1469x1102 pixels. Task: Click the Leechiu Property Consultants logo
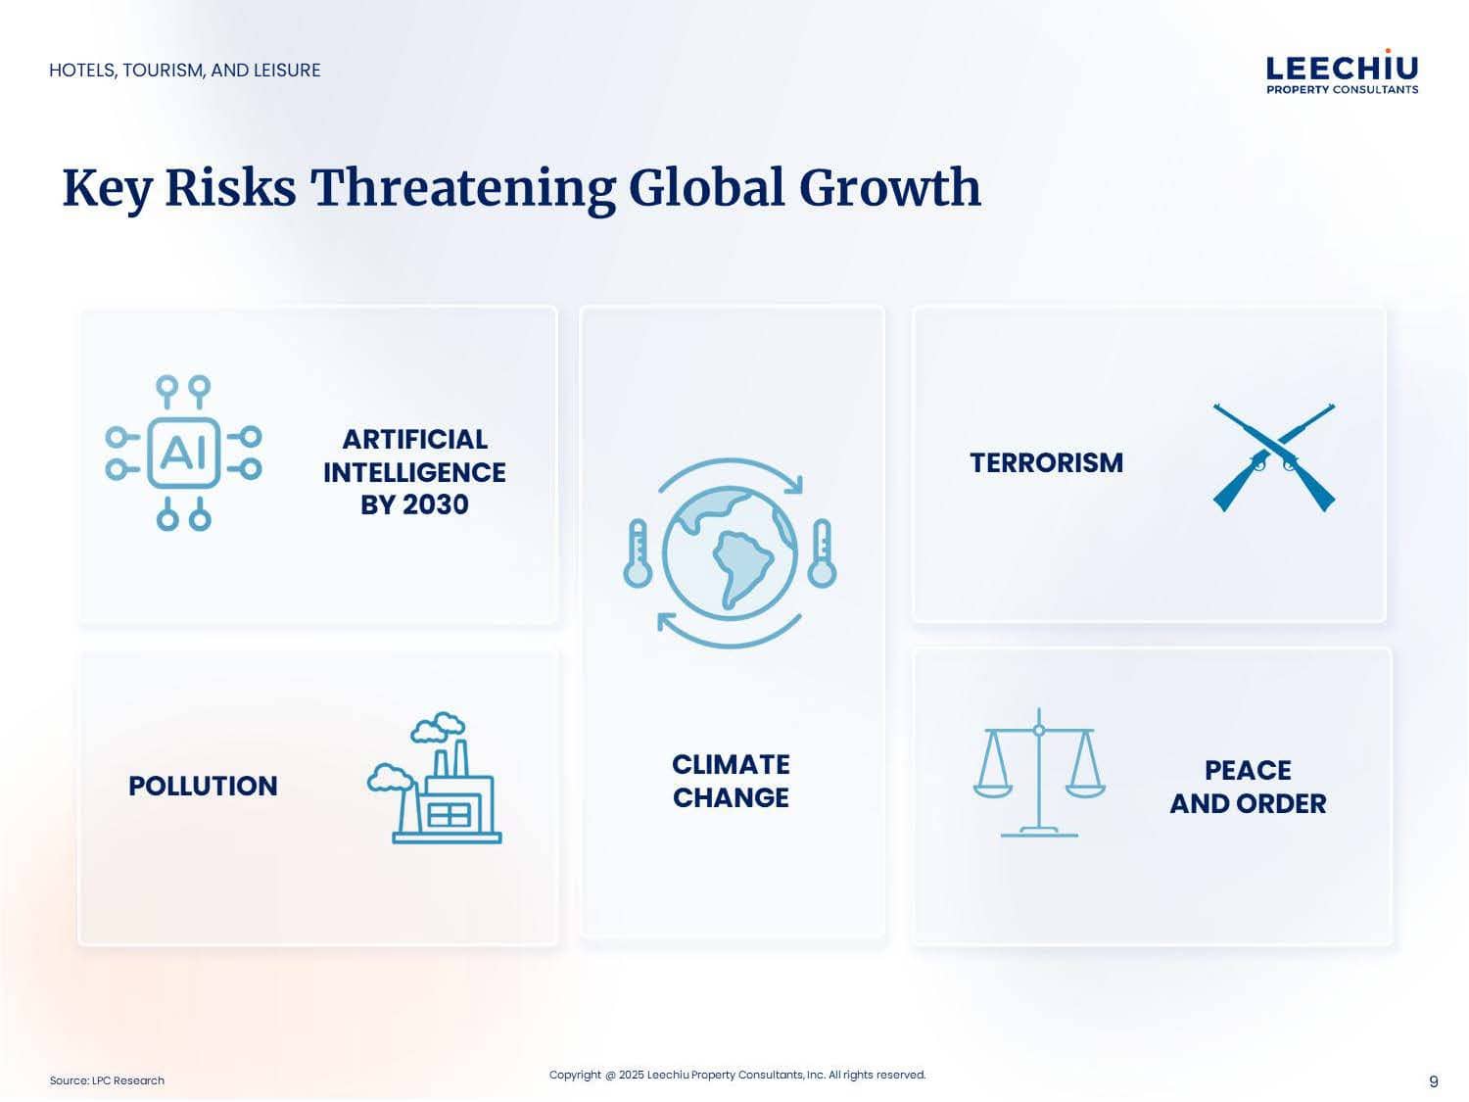(1341, 72)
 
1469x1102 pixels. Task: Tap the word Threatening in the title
(462, 188)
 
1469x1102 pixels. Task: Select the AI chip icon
(183, 453)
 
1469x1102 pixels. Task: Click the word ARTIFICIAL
(415, 440)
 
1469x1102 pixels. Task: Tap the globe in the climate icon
(730, 553)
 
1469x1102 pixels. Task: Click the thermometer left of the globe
(638, 553)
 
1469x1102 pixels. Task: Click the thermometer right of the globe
(822, 553)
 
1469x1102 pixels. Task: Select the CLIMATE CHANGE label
(731, 781)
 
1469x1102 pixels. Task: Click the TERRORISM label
(1047, 463)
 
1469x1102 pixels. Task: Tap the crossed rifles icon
(1273, 457)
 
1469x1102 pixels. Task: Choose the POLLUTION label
(203, 787)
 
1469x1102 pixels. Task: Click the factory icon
(435, 778)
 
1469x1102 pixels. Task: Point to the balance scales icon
(1039, 772)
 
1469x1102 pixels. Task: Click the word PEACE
(1248, 770)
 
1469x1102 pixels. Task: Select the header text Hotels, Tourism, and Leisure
(185, 71)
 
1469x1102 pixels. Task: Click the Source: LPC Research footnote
(107, 1080)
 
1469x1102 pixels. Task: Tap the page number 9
(1434, 1081)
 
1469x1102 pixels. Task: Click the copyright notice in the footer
(737, 1075)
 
